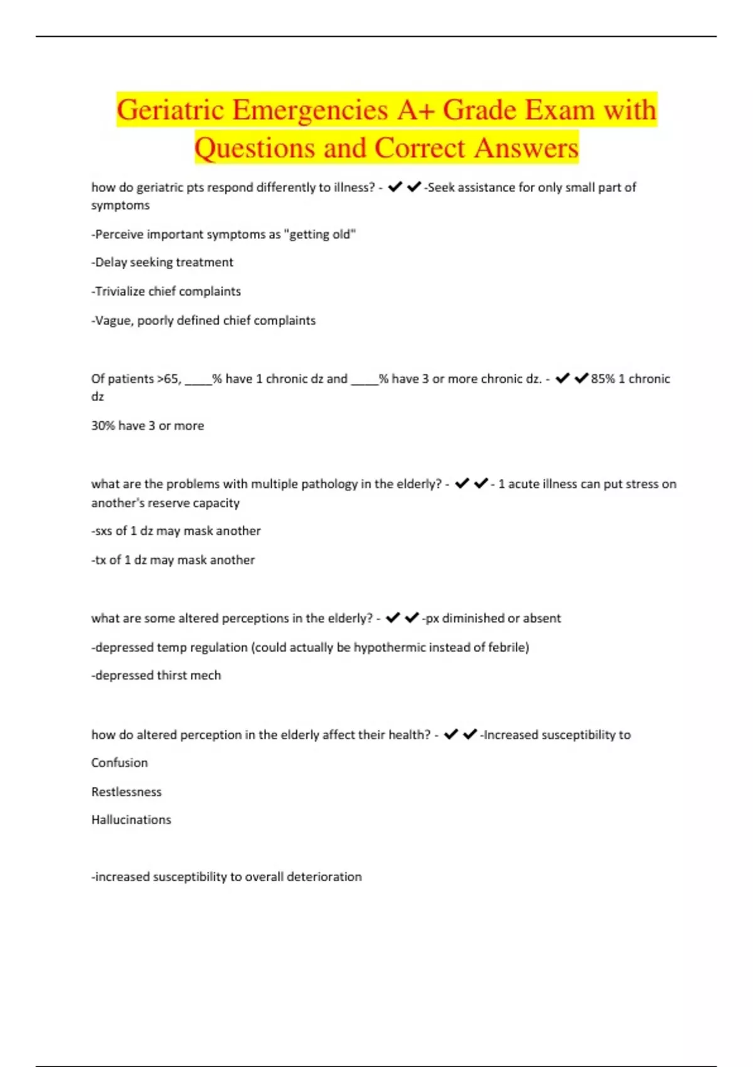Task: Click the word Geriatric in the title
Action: coord(170,110)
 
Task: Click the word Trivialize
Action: coord(120,291)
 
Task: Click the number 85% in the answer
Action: coord(602,378)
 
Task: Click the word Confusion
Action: coord(119,763)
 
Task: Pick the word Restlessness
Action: coord(126,791)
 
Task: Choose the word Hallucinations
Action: coord(131,820)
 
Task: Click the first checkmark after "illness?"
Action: coord(395,186)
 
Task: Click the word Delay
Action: coord(110,262)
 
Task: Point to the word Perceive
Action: coord(117,234)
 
